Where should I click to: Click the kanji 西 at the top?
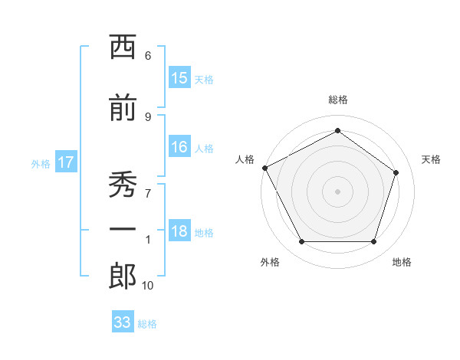click(123, 46)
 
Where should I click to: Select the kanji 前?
click(123, 107)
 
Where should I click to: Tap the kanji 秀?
click(123, 184)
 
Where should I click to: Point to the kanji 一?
click(123, 229)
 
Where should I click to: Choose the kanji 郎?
click(123, 277)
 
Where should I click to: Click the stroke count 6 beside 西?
click(148, 56)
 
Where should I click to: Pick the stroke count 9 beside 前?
click(148, 117)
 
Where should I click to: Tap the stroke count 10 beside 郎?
click(147, 286)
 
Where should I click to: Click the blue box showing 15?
click(179, 77)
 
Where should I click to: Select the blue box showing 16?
click(179, 146)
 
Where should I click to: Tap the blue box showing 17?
click(66, 162)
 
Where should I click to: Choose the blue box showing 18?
click(179, 230)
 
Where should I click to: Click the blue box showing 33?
click(123, 321)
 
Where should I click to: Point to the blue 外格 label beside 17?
click(41, 164)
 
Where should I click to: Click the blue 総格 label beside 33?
click(147, 324)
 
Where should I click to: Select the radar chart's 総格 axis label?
click(337, 100)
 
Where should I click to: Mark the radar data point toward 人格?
click(265, 168)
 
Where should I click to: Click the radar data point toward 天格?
click(396, 172)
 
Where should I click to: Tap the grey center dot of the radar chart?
click(337, 191)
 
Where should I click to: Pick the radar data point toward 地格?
click(373, 241)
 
